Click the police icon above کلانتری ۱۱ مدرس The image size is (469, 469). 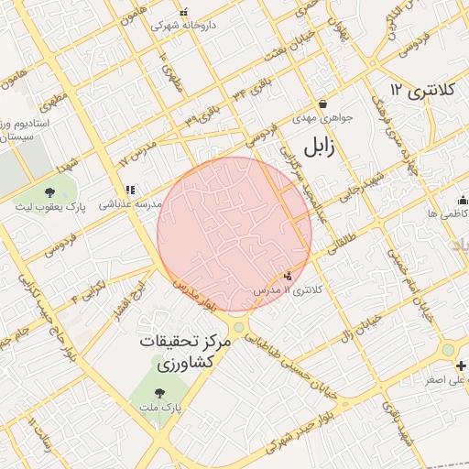(x=289, y=275)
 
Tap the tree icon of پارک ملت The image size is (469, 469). (x=159, y=392)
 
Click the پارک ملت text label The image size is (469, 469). (x=161, y=406)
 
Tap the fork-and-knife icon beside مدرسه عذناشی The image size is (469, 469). (x=129, y=190)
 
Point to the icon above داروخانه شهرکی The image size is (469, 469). (x=184, y=12)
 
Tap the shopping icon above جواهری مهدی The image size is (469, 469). (x=322, y=104)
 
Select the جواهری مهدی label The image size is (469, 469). (x=315, y=119)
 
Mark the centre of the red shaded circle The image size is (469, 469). (x=234, y=234)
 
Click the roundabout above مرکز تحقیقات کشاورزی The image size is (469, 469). (x=240, y=327)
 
